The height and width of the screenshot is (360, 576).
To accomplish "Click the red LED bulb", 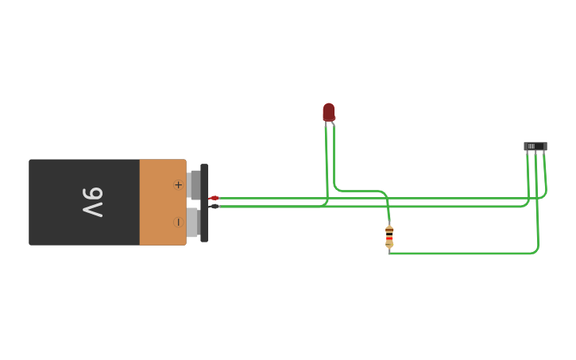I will (x=329, y=112).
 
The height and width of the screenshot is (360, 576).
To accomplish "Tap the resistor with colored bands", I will (x=389, y=237).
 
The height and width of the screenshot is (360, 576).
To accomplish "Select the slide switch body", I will (x=535, y=146).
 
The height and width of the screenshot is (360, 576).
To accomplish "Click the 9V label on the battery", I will (x=92, y=202).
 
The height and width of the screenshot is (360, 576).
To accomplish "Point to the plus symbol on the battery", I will (x=178, y=184).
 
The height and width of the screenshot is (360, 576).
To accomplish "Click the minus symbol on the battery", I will (x=178, y=223).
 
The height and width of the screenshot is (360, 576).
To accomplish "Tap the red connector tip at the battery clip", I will (x=214, y=198).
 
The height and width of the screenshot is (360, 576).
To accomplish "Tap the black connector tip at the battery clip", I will (x=214, y=207).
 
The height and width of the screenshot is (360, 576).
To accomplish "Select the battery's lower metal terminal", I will (x=193, y=223).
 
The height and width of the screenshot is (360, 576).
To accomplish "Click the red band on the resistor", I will (x=389, y=238).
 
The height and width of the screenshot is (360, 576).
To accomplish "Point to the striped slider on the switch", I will (x=531, y=146).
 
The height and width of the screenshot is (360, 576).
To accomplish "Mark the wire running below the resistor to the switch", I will (x=469, y=254).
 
